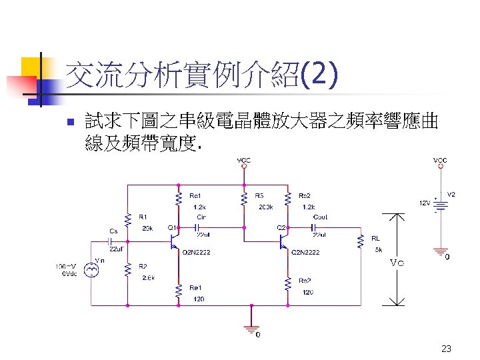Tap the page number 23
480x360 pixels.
446,349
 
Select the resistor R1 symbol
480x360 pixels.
127,219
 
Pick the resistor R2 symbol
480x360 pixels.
127,269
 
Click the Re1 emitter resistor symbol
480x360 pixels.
178,291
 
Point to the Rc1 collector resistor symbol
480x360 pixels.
178,198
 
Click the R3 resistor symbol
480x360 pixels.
243,198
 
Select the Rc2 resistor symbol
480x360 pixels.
288,198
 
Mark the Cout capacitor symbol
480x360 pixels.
314,227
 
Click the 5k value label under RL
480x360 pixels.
378,250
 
